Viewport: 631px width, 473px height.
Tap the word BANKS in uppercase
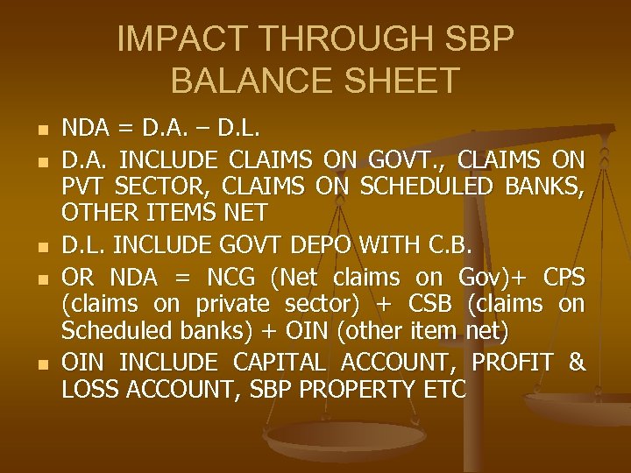546,187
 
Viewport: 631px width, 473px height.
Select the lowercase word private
231,306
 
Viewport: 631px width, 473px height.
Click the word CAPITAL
287,362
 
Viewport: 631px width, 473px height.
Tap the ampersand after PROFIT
577,362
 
